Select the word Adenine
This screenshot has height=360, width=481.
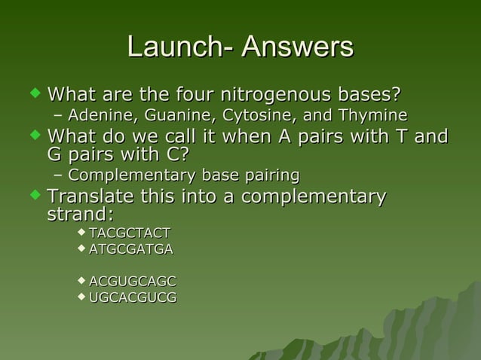coord(96,116)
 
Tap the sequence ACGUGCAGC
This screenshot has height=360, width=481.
coord(132,282)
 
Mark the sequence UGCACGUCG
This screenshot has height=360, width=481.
coord(133,297)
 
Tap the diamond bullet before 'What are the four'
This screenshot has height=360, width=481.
coord(33,95)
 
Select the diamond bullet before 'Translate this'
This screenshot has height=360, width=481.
coord(33,197)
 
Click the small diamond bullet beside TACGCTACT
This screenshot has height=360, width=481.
coord(81,230)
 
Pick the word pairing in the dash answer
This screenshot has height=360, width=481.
coord(268,176)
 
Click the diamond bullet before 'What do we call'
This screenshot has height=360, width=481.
coord(33,136)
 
